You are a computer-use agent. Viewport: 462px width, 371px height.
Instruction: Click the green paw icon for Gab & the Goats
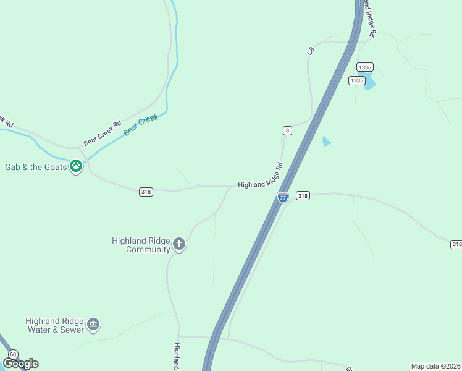pos(76,165)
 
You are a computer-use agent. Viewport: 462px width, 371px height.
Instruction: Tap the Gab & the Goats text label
pos(35,167)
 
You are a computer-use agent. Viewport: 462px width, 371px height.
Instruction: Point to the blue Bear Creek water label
pos(141,125)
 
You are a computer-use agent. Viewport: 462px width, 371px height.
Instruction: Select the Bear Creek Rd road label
pos(103,133)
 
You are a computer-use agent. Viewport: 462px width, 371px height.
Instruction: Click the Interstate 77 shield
pos(282,197)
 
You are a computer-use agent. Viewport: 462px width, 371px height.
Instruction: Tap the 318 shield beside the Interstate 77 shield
pos(302,195)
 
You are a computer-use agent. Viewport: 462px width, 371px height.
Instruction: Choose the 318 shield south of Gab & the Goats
pos(146,192)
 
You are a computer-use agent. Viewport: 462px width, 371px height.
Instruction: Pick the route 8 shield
pos(287,130)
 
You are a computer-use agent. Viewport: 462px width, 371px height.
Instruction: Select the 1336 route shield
pos(365,67)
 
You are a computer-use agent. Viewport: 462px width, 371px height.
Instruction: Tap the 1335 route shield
pos(356,80)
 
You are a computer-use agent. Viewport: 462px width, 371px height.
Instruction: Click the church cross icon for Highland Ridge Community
pos(179,244)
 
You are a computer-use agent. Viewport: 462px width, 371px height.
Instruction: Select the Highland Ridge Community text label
pos(141,245)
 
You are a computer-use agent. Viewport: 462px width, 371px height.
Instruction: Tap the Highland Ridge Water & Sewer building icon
pos(93,324)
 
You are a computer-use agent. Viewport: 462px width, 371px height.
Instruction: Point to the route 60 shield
pos(14,354)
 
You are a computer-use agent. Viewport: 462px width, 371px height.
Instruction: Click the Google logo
pos(20,364)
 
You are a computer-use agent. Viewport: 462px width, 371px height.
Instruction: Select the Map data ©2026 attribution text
pos(435,366)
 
